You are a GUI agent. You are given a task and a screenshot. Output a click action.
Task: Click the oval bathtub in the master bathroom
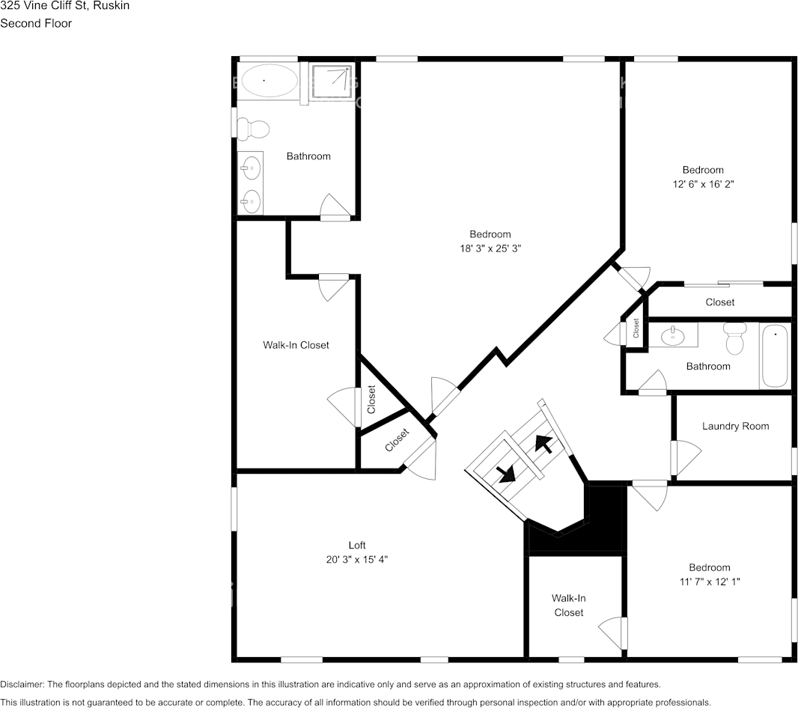269,80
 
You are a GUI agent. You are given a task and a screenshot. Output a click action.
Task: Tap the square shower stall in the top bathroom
330,82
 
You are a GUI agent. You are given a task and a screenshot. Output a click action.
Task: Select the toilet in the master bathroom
254,129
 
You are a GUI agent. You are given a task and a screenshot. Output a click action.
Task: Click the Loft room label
357,546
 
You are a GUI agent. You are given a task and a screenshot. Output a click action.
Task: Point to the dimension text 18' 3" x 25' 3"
490,248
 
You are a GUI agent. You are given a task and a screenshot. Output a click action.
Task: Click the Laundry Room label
735,427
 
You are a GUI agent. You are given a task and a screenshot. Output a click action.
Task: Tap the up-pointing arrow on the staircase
544,445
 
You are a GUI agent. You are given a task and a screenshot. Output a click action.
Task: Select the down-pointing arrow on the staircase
507,472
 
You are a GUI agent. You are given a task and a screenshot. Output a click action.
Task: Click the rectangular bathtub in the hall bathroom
775,355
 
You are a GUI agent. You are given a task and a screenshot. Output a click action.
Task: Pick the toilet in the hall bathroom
734,338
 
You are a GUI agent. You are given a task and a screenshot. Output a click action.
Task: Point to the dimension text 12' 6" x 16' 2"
702,184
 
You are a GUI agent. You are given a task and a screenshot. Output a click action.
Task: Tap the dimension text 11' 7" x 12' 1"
710,582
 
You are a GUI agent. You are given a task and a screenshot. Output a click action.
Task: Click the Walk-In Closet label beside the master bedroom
296,345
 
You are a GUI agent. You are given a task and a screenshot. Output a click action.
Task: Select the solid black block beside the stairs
606,516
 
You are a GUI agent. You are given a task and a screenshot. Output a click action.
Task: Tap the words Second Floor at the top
36,23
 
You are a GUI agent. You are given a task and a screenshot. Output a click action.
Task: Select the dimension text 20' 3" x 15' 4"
357,560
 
